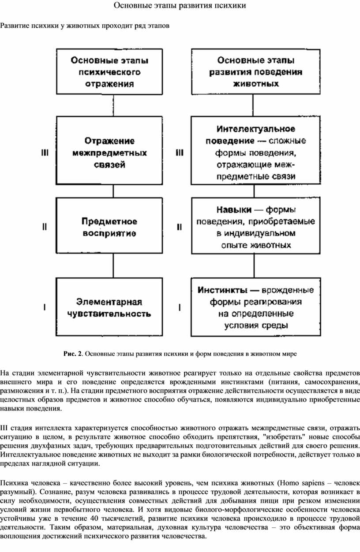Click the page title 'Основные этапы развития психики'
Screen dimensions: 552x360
[180, 6]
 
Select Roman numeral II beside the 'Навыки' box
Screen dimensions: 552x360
[179, 227]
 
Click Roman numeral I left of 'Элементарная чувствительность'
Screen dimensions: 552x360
[45, 307]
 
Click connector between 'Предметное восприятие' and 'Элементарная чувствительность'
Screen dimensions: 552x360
[113, 265]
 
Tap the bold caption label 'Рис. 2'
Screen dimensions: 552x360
[72, 354]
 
